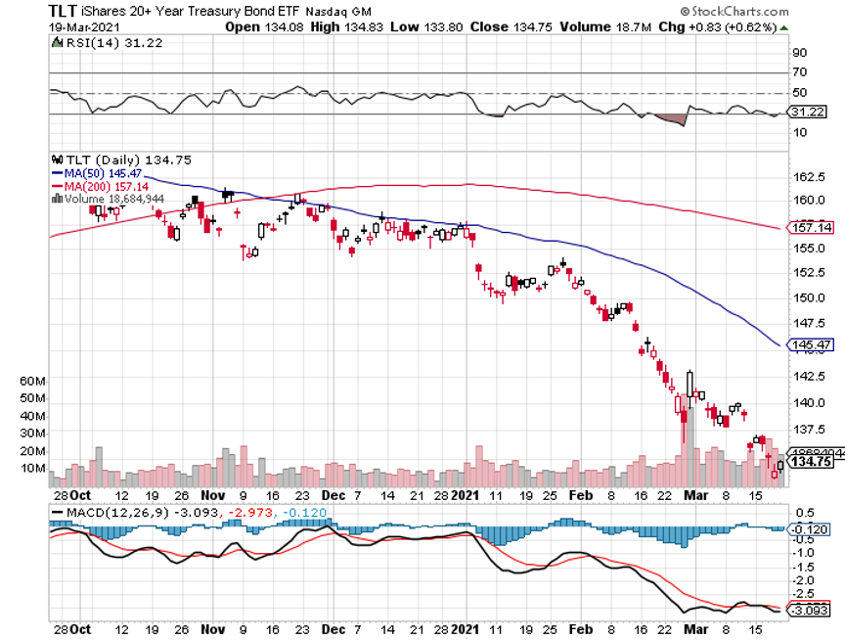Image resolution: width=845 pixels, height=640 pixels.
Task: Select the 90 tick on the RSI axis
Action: coord(798,52)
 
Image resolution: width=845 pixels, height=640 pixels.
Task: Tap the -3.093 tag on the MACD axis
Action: coord(809,611)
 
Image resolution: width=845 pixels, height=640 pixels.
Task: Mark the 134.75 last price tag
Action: coord(810,462)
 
